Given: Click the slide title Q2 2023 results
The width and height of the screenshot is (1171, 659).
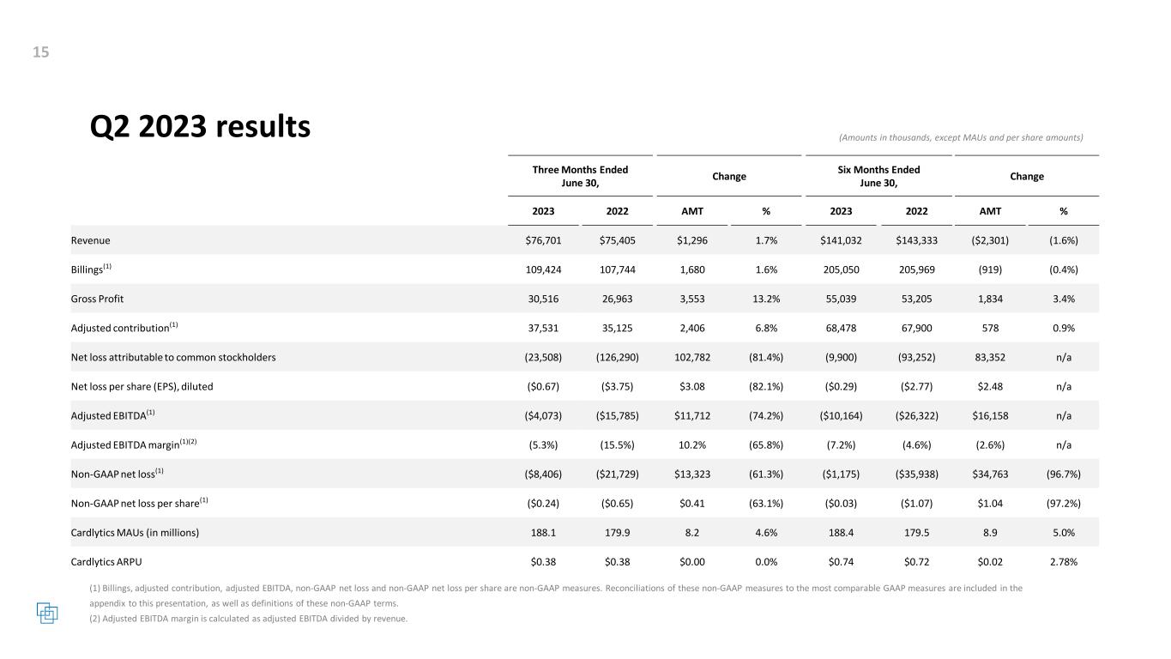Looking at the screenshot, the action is coord(200,127).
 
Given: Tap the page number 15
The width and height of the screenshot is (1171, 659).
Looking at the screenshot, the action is coord(41,51).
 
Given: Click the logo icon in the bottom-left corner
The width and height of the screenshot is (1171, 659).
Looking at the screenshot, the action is coord(47,613).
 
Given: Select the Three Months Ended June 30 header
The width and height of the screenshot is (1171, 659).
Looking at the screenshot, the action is coord(580,176).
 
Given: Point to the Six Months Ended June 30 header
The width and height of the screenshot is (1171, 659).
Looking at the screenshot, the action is coord(878,176).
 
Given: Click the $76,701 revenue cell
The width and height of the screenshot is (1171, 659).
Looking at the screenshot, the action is coord(543,240).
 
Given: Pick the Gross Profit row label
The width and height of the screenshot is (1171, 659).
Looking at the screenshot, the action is coord(97,299).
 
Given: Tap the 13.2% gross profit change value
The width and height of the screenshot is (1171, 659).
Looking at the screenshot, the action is coord(766,299).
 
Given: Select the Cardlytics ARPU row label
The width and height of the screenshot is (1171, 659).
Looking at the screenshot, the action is coord(106,562).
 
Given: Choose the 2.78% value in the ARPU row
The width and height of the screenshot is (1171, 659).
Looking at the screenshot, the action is coord(1063,562).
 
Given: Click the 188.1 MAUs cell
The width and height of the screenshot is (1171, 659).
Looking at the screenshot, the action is coord(543,532).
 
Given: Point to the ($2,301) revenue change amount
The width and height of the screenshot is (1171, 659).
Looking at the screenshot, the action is coord(990,240).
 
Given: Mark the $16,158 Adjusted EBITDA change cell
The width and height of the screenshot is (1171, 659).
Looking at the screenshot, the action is coord(990,416).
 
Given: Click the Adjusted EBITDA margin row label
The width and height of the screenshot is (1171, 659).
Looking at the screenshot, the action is coord(134,444).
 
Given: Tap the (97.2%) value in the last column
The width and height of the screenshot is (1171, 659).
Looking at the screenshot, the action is coord(1063,503).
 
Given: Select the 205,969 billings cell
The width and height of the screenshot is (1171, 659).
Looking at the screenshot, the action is coord(916,269).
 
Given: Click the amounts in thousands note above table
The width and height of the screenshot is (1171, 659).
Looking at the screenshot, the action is coord(961,137).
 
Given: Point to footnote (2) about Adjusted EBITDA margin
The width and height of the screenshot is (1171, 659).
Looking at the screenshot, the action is coord(248,619).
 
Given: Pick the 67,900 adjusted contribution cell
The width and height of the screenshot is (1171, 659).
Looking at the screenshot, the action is coord(916,328).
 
